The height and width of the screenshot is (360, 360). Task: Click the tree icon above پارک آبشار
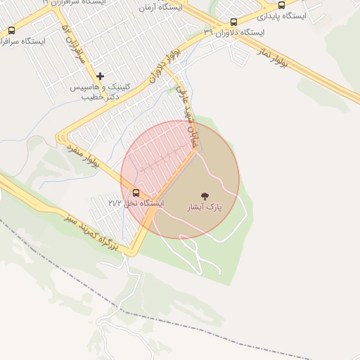pos(205,195)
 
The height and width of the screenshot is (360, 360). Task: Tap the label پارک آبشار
pos(205,207)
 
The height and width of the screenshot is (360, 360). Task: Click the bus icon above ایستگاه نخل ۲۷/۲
pos(136,193)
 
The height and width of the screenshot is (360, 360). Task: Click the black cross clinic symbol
pos(100,76)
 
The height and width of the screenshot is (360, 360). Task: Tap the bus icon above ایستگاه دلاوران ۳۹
pos(233,22)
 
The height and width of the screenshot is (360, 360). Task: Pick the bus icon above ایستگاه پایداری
pos(282,5)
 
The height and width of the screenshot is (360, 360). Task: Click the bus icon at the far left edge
pos(11,30)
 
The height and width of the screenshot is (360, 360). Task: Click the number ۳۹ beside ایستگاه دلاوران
pos(208,32)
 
